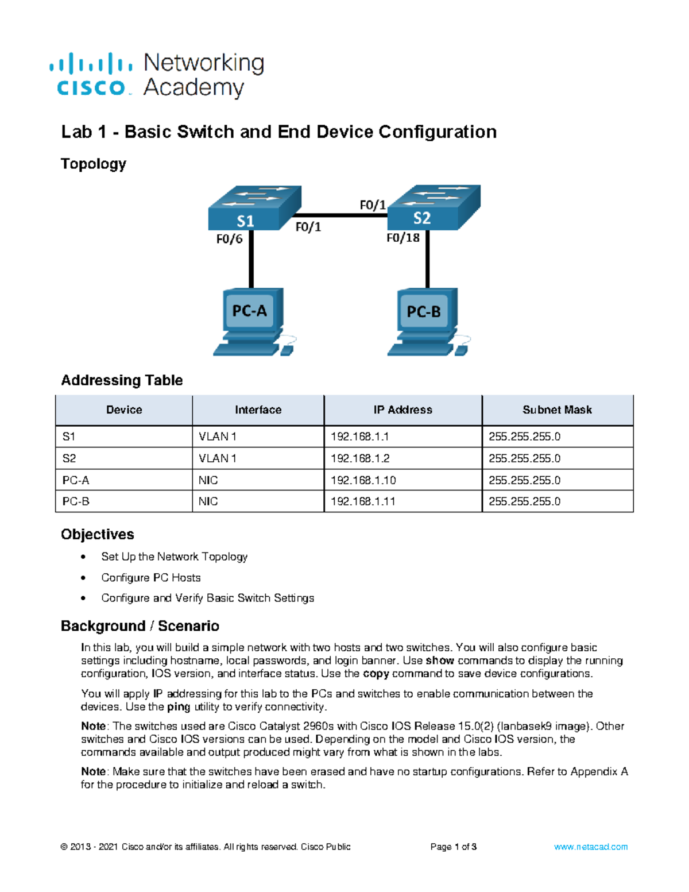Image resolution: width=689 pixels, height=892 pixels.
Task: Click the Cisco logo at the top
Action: pos(91,75)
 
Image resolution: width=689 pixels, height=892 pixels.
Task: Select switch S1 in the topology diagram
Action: pos(254,208)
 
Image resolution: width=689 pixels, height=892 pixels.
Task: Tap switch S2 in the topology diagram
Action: pos(433,207)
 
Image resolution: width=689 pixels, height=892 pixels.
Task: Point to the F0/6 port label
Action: pos(229,239)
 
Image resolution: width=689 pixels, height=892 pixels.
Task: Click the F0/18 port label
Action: pos(402,238)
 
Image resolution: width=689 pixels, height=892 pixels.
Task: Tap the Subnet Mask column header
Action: pos(557,410)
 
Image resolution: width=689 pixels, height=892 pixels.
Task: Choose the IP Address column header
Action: pos(402,410)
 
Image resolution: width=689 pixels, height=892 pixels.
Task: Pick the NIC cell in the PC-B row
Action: pos(208,501)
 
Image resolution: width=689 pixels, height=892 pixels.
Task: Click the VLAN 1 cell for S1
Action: pos(217,437)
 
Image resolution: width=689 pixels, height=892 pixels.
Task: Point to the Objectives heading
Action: pos(98,534)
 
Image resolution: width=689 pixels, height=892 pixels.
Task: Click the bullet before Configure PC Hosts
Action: pos(84,578)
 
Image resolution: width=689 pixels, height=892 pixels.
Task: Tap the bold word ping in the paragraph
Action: pos(179,707)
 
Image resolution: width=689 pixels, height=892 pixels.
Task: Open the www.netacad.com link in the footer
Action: pos(590,847)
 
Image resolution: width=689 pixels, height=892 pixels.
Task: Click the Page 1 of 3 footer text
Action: pos(453,847)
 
